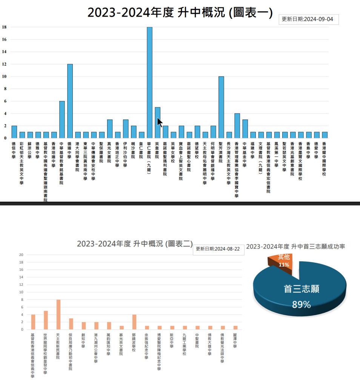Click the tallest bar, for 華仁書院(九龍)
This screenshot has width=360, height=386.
[149, 83]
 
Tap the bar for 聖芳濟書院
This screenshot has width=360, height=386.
[221, 107]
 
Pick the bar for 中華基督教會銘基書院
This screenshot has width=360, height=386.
[62, 119]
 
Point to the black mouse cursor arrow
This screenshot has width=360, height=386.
[160, 123]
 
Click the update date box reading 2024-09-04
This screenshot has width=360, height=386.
[308, 20]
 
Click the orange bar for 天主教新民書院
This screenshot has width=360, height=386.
[58, 314]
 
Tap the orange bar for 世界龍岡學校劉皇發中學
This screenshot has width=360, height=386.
[46, 320]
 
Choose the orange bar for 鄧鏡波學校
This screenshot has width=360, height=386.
[134, 322]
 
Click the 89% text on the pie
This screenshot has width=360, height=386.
[301, 305]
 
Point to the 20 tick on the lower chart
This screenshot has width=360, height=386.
[22, 255]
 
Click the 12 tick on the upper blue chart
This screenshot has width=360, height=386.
[4, 64]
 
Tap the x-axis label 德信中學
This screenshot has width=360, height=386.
[14, 149]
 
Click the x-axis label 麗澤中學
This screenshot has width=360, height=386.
[235, 340]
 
